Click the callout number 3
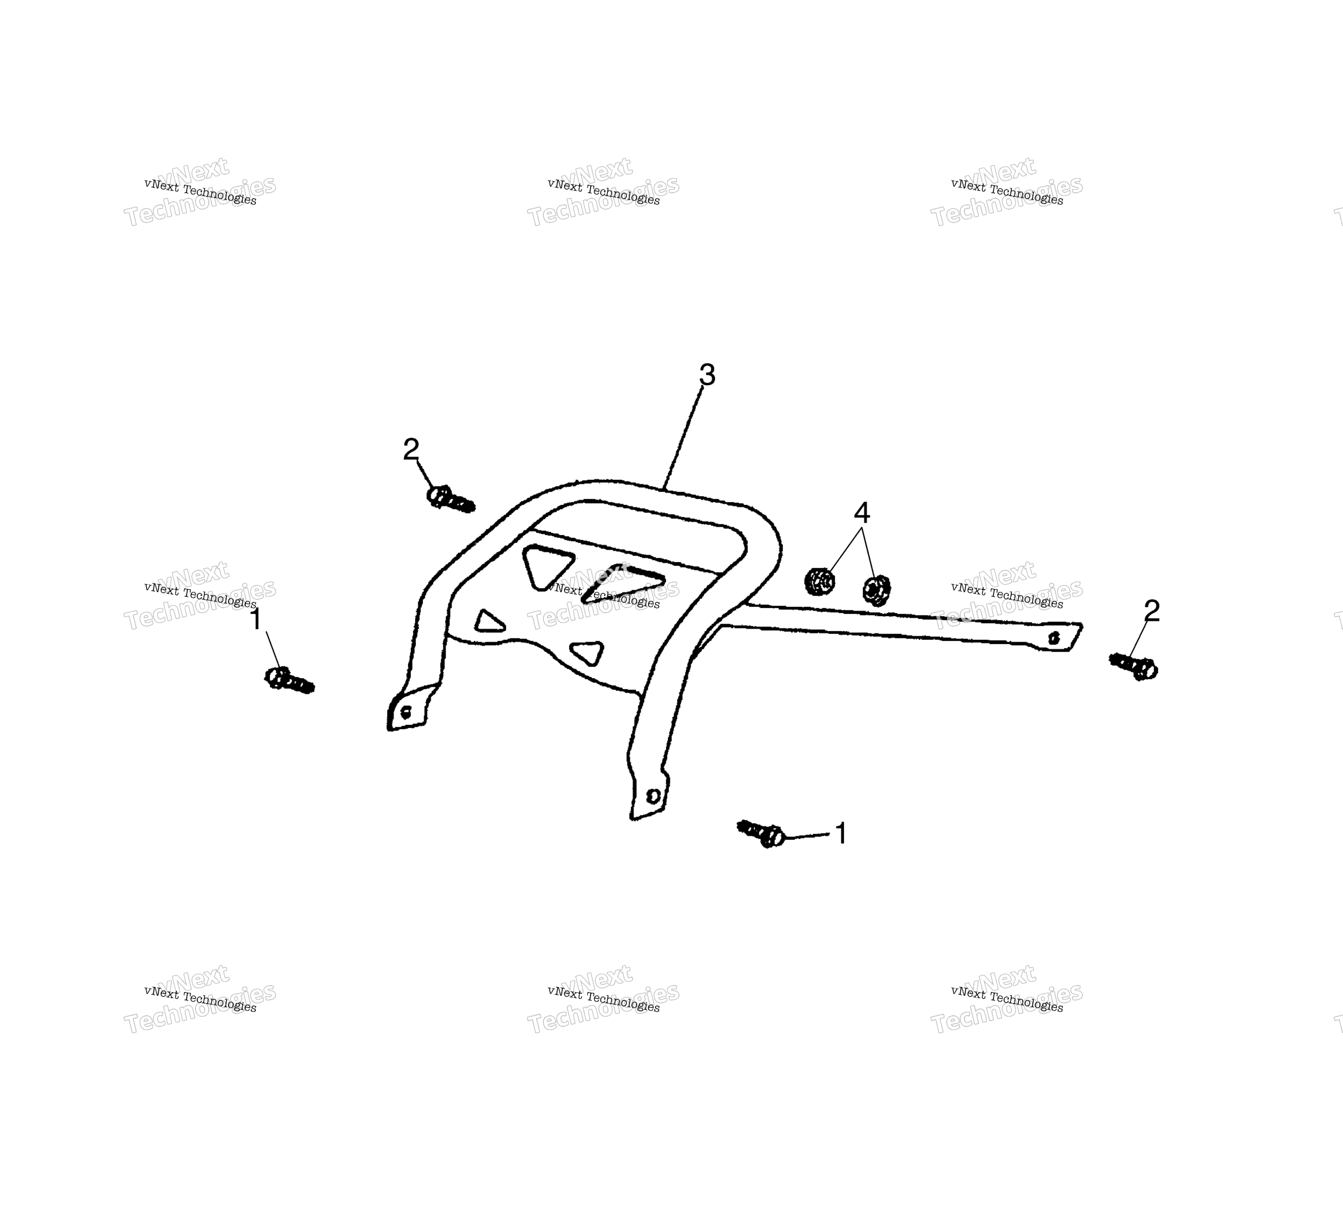707,375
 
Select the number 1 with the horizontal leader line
841,834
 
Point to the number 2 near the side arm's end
1152,611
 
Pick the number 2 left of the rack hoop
411,450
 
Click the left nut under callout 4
820,581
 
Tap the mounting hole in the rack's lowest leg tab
652,796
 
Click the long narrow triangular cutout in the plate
622,583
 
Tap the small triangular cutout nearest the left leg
489,621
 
